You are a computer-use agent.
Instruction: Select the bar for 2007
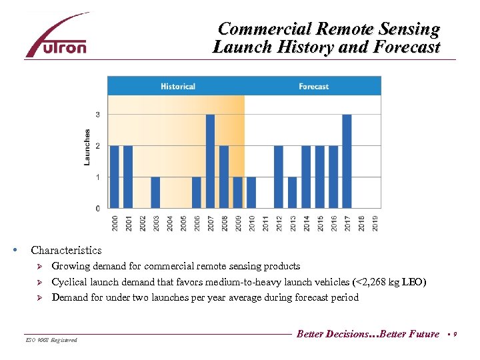point(210,161)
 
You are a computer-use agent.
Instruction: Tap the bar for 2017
point(347,161)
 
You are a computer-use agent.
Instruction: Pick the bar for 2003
point(155,193)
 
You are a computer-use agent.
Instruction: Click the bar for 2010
point(251,193)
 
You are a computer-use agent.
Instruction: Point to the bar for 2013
point(292,193)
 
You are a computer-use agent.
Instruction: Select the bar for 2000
point(114,177)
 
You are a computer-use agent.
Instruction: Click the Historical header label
point(178,87)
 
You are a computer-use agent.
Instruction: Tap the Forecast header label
point(313,87)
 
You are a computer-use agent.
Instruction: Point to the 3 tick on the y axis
point(98,115)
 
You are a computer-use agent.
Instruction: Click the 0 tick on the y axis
point(98,209)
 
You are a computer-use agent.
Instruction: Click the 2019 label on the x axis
point(375,222)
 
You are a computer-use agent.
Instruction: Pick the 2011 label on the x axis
point(265,222)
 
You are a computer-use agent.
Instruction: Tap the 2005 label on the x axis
point(183,222)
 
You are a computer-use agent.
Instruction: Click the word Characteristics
point(66,251)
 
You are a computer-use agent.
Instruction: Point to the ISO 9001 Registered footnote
point(52,340)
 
